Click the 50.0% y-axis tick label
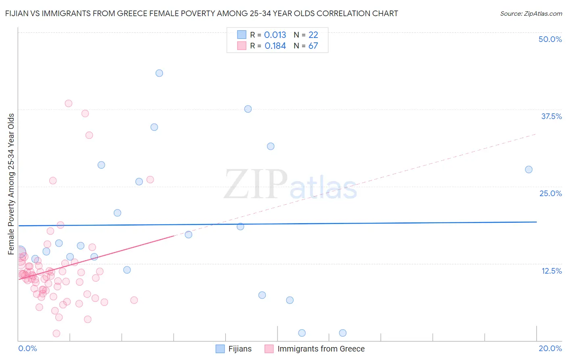click(x=550, y=39)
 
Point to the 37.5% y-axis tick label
click(x=551, y=116)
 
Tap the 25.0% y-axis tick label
click(x=550, y=193)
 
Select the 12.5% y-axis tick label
click(x=551, y=271)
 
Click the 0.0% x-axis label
click(x=27, y=348)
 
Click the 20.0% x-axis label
click(x=550, y=348)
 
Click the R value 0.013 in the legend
click(x=275, y=35)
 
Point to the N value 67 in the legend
click(x=313, y=46)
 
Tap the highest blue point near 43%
click(x=159, y=73)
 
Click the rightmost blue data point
click(x=529, y=170)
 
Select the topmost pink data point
click(x=69, y=103)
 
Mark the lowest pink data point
click(x=56, y=333)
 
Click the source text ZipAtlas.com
click(x=531, y=13)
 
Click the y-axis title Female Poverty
click(x=11, y=184)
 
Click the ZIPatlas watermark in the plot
click(x=290, y=184)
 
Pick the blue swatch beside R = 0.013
click(x=242, y=35)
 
